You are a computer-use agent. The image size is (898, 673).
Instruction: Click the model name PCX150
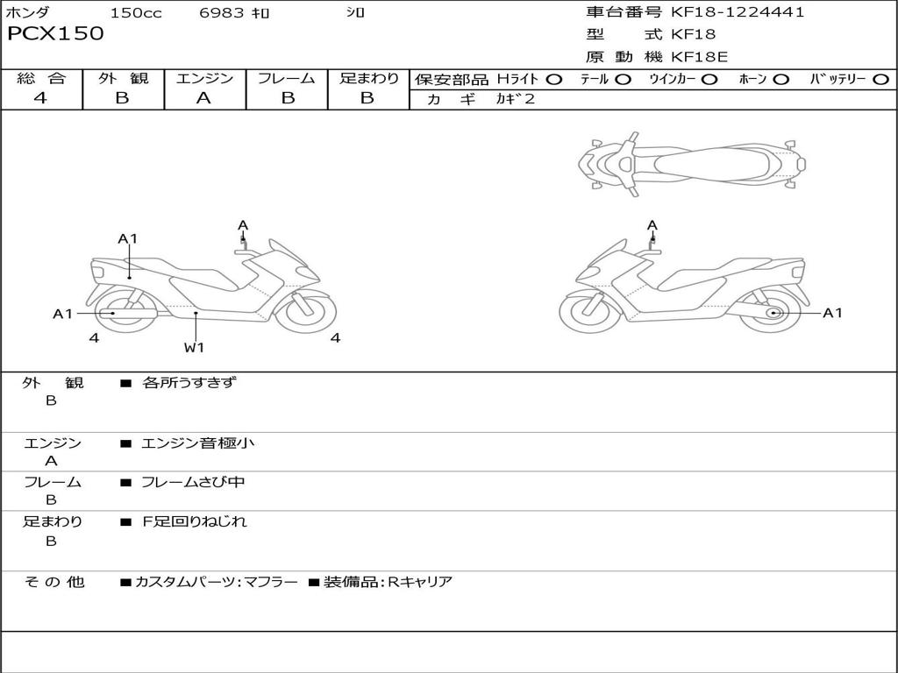pyautogui.click(x=55, y=33)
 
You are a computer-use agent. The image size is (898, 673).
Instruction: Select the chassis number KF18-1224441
pyautogui.click(x=738, y=12)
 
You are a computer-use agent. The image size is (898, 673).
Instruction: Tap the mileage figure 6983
pyautogui.click(x=222, y=12)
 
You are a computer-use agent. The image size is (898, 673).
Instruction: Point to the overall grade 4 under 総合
pyautogui.click(x=40, y=98)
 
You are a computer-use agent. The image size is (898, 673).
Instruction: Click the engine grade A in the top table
pyautogui.click(x=203, y=98)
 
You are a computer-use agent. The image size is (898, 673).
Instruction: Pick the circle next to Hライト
pyautogui.click(x=554, y=80)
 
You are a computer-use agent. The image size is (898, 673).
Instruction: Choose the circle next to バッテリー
pyautogui.click(x=881, y=80)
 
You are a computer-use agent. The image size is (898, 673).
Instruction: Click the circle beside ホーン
pyautogui.click(x=780, y=80)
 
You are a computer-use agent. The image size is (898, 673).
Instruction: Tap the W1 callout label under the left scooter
pyautogui.click(x=194, y=347)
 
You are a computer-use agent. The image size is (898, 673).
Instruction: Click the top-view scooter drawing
pyautogui.click(x=692, y=164)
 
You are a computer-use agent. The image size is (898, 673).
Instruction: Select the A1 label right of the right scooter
pyautogui.click(x=832, y=313)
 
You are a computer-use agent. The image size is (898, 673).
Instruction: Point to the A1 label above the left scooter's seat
pyautogui.click(x=128, y=238)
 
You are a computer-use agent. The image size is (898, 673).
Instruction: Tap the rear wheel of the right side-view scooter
pyautogui.click(x=770, y=312)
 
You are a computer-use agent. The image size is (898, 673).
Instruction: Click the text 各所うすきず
pyautogui.click(x=189, y=382)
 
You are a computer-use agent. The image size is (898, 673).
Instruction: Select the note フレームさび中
pyautogui.click(x=193, y=482)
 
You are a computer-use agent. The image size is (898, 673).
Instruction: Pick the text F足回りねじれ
pyautogui.click(x=194, y=521)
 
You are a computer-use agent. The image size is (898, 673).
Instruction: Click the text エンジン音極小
pyautogui.click(x=197, y=443)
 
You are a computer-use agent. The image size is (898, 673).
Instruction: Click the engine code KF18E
pyautogui.click(x=699, y=57)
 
